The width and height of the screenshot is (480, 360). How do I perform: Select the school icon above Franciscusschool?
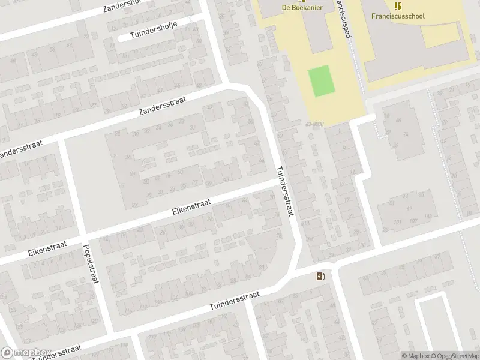coord(397,6)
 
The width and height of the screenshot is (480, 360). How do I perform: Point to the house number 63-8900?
coord(315,124)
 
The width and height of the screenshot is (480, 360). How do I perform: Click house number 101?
coord(397,221)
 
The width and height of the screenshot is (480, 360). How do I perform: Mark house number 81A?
coord(305,223)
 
